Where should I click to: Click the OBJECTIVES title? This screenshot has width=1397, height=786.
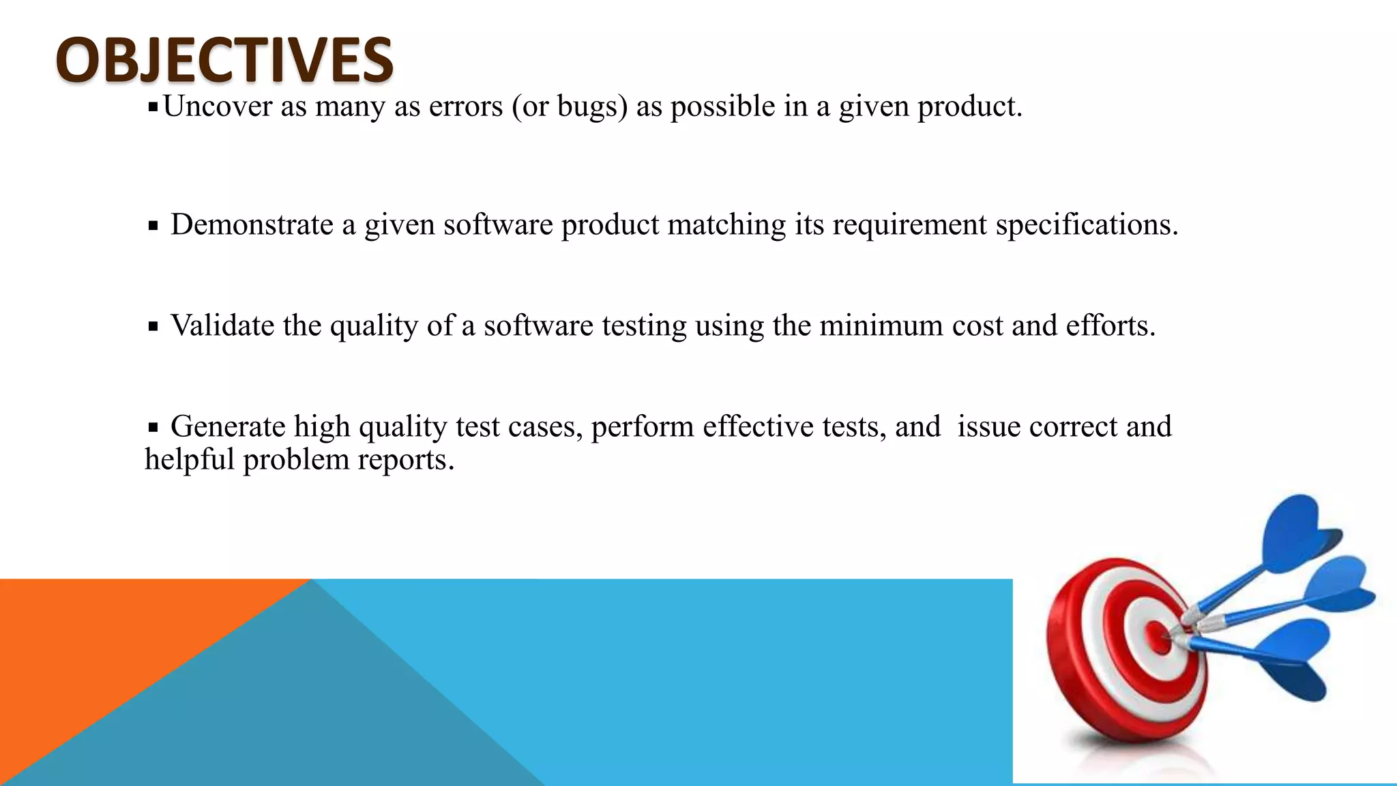(x=224, y=60)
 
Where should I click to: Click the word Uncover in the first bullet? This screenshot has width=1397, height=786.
(x=217, y=107)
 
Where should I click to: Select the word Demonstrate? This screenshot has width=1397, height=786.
(x=252, y=224)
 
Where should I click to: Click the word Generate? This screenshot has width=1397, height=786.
(x=228, y=427)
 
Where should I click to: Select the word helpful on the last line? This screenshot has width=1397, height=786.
(x=190, y=459)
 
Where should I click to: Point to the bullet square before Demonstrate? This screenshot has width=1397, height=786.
(x=153, y=226)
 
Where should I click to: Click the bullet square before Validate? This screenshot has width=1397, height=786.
(x=153, y=327)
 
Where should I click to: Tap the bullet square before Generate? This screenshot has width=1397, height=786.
(x=153, y=428)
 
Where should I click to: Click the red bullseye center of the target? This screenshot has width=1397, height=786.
(x=1158, y=638)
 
